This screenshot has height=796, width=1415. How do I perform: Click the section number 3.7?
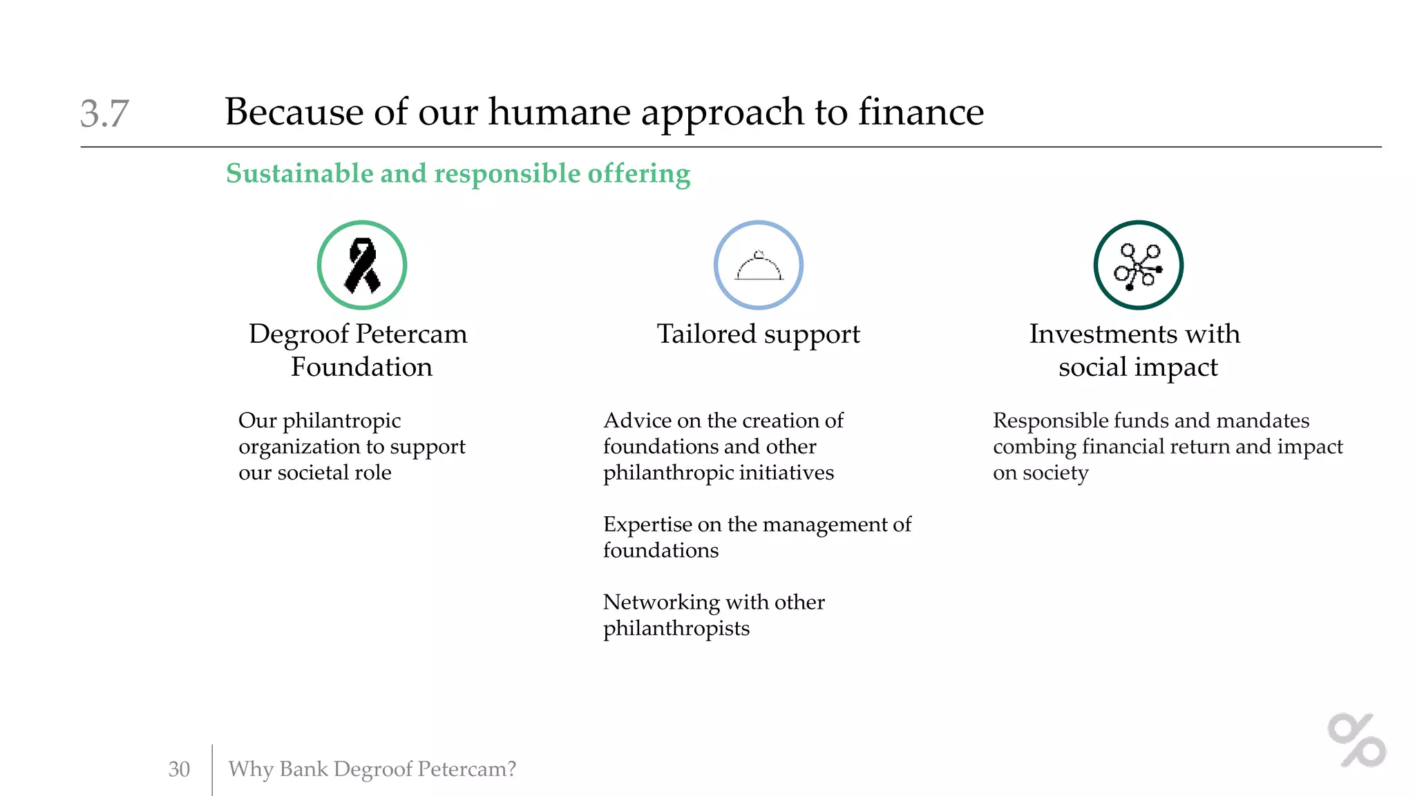point(104,113)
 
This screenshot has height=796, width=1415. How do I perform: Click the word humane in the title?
point(559,112)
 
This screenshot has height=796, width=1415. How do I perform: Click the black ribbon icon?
point(362,265)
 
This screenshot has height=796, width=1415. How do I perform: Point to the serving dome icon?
point(759,266)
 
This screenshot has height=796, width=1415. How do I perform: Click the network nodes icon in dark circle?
point(1138,266)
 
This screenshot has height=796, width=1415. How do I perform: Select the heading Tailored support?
point(758,334)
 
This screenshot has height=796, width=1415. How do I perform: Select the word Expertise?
point(647,524)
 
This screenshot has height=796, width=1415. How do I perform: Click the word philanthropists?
point(676,629)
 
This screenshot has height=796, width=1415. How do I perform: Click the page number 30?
point(179,769)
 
